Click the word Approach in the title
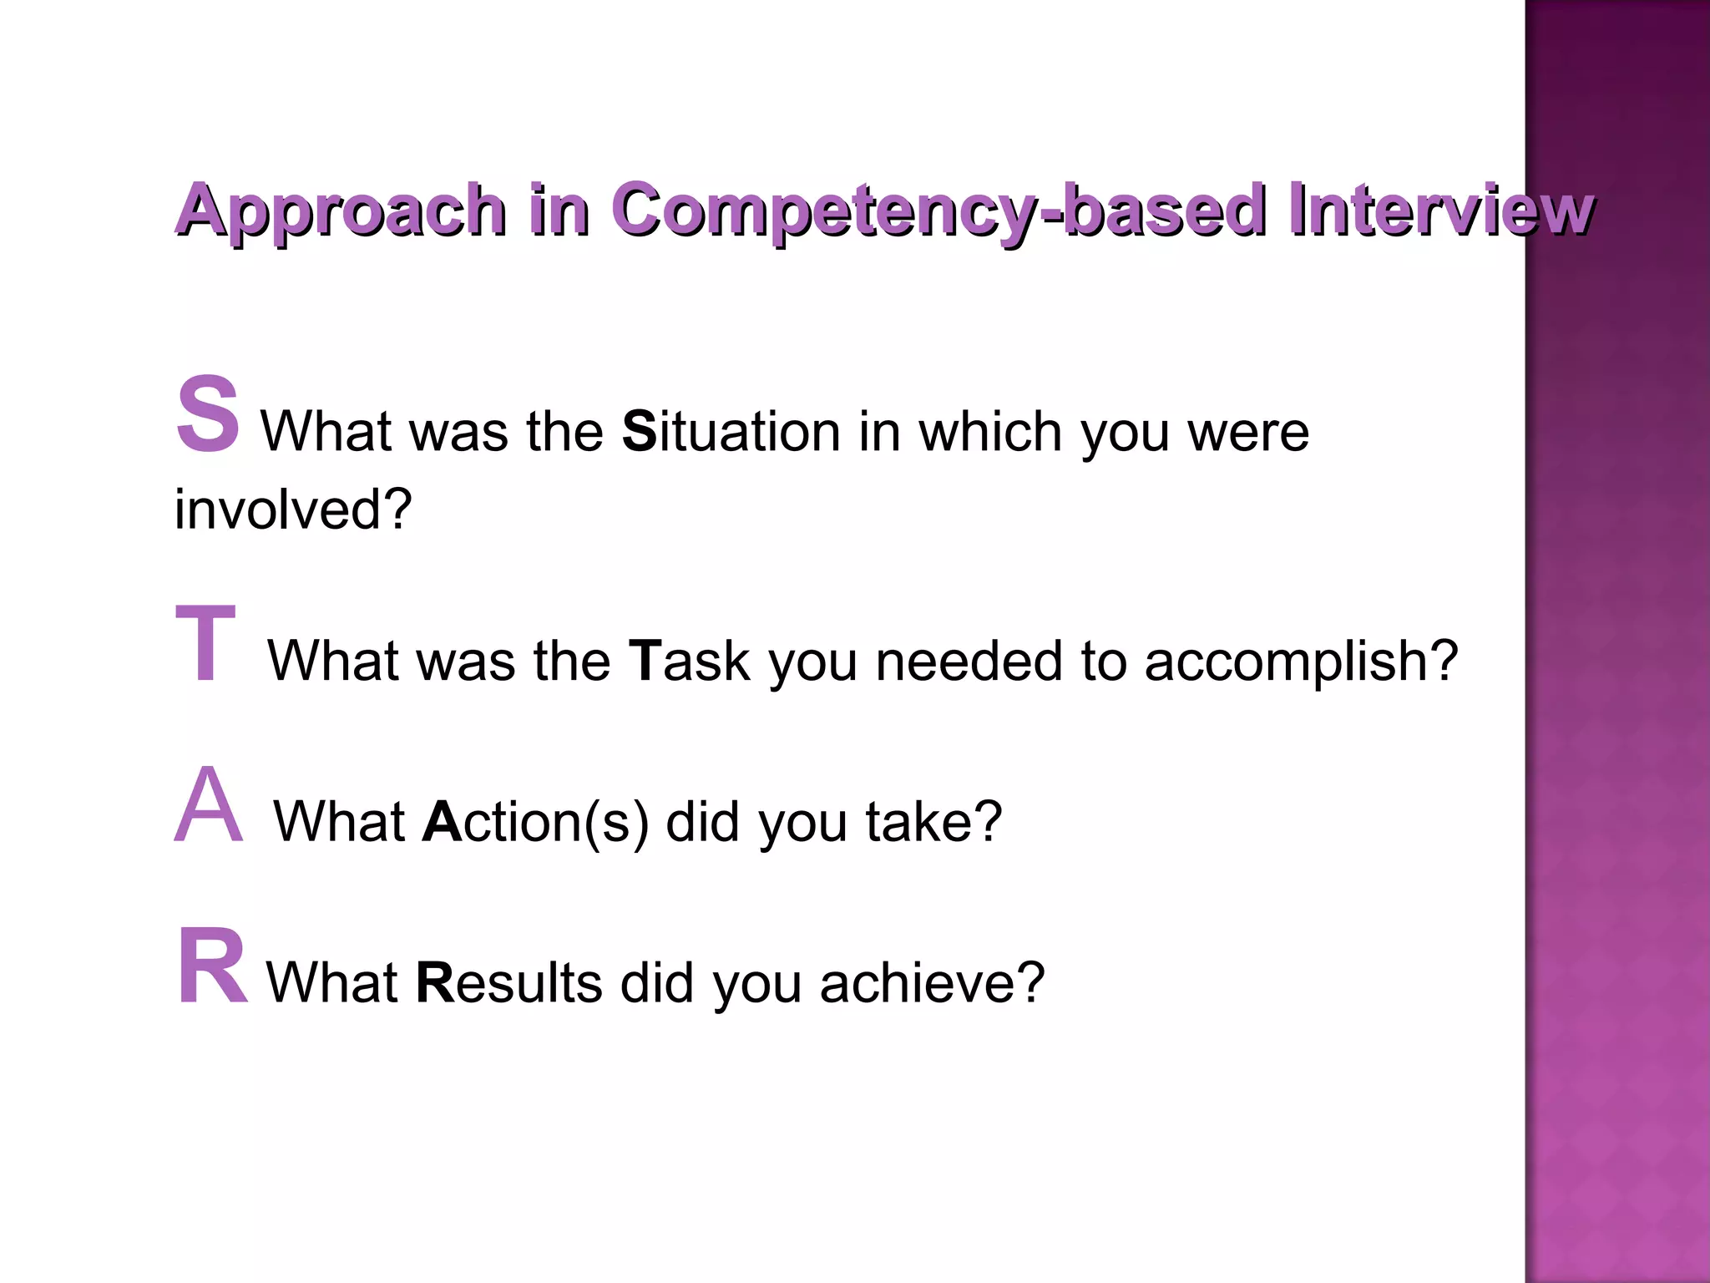pyautogui.click(x=341, y=210)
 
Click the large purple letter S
pyautogui.click(x=207, y=415)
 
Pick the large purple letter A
pyautogui.click(x=209, y=805)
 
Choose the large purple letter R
pyautogui.click(x=212, y=966)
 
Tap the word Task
pyautogui.click(x=689, y=661)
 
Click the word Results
pyautogui.click(x=508, y=982)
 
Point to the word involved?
pyautogui.click(x=293, y=509)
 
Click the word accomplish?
pyautogui.click(x=1300, y=661)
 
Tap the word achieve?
pyautogui.click(x=932, y=982)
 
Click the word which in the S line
pyautogui.click(x=989, y=432)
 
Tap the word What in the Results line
pyautogui.click(x=331, y=982)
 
